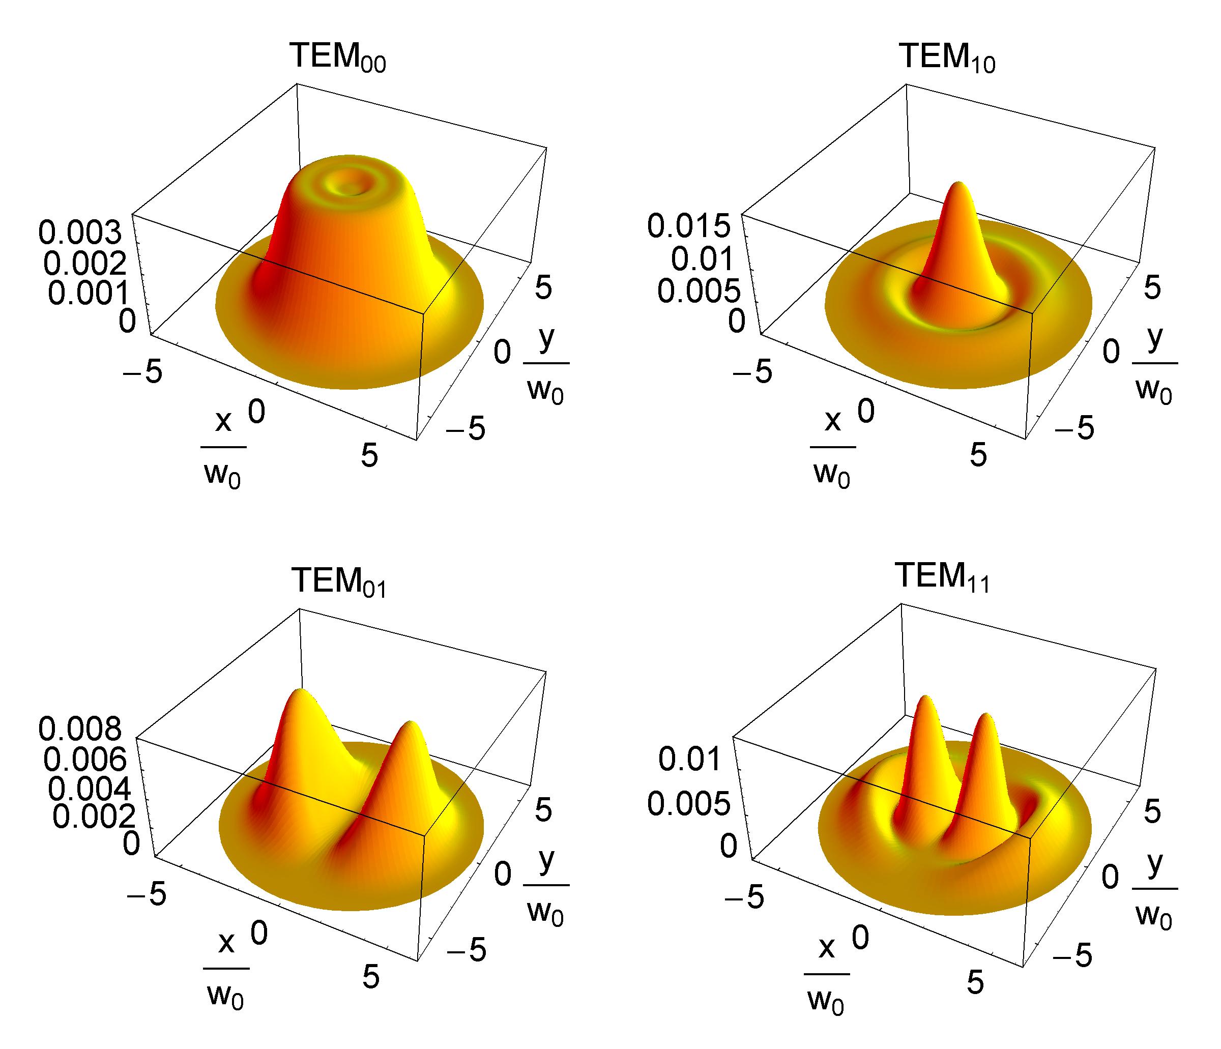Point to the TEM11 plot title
pos(943,576)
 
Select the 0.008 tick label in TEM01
pos(81,729)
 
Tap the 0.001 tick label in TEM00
pos(89,293)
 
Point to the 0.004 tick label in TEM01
pos(90,788)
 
